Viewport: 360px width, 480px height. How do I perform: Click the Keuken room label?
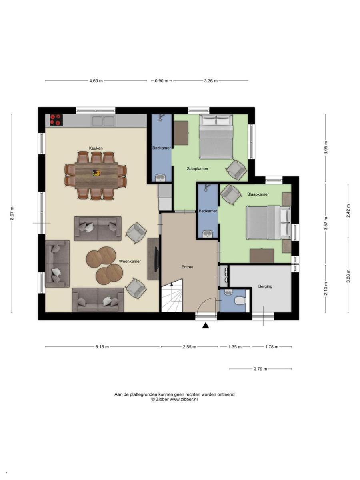point(96,148)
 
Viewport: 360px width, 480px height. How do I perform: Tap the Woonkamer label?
point(130,261)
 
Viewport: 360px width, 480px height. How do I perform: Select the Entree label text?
point(187,267)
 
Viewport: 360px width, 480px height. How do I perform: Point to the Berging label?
point(265,286)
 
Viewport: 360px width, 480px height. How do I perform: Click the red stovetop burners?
point(56,120)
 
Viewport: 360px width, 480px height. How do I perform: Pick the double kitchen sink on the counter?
point(103,121)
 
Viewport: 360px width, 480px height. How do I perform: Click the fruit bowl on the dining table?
point(96,173)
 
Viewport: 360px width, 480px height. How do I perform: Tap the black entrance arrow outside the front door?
point(206,326)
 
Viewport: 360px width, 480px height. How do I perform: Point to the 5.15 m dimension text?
point(102,347)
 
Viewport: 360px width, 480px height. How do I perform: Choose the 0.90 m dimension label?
point(162,81)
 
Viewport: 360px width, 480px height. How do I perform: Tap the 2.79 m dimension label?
point(260,369)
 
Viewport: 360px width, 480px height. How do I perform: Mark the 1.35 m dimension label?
point(235,347)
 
